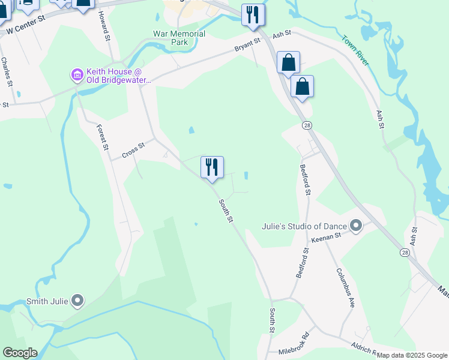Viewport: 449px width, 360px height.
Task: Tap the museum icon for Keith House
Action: (77, 75)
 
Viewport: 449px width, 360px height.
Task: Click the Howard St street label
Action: (104, 25)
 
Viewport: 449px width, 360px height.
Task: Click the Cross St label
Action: (133, 150)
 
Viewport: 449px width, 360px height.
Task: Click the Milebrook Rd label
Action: (293, 343)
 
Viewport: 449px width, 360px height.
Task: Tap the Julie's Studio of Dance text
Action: (304, 226)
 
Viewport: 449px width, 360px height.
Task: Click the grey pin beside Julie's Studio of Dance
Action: (356, 226)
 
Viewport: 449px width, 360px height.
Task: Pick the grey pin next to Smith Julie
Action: (77, 301)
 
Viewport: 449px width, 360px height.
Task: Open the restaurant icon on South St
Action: (212, 167)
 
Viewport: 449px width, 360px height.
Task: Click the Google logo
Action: (20, 353)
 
